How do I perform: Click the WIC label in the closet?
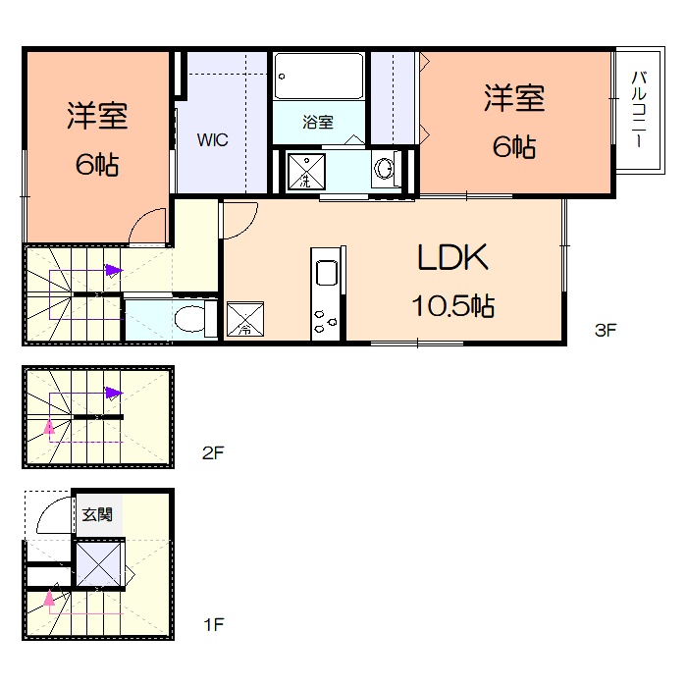click(212, 140)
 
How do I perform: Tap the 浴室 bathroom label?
click(318, 123)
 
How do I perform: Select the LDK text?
click(452, 259)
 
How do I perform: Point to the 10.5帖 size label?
click(451, 306)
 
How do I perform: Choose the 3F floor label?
click(605, 330)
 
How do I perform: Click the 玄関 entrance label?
click(97, 513)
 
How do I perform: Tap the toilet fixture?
click(196, 320)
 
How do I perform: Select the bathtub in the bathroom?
click(319, 76)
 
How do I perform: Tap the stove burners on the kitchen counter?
click(326, 320)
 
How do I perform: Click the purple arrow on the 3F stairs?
click(114, 270)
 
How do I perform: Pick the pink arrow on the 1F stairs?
click(48, 597)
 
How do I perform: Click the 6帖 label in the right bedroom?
click(513, 147)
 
